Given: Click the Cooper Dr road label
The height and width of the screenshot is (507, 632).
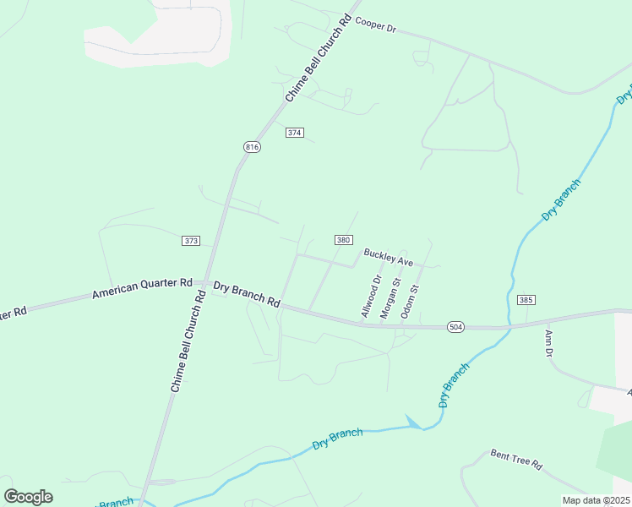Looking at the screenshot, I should point(375,25).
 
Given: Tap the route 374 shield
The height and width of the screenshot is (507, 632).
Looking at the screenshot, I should point(294,133).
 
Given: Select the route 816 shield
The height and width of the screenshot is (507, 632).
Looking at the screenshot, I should point(252,147).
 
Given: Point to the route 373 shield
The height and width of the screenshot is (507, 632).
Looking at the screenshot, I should point(190,241).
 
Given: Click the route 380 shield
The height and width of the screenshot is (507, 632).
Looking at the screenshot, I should point(342,240).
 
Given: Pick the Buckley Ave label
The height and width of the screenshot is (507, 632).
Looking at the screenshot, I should point(388,257).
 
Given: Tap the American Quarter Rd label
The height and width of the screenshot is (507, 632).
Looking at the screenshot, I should point(142,289).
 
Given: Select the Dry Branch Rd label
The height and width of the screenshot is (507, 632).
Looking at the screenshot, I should point(246,294).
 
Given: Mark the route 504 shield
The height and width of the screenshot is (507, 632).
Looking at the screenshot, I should point(455,327).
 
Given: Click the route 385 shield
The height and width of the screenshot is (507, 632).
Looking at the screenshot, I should point(526,300).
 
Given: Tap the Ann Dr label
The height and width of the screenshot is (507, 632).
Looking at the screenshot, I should point(548,343).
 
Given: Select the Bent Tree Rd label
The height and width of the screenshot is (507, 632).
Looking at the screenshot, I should point(515,460).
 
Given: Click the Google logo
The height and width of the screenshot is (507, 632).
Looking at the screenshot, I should point(28,496).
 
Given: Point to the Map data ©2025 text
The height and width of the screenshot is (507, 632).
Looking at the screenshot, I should point(596,500).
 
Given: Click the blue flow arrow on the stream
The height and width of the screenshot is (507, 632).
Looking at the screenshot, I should point(413,422).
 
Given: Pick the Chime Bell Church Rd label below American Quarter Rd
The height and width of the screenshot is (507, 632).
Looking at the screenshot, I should point(188,341).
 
